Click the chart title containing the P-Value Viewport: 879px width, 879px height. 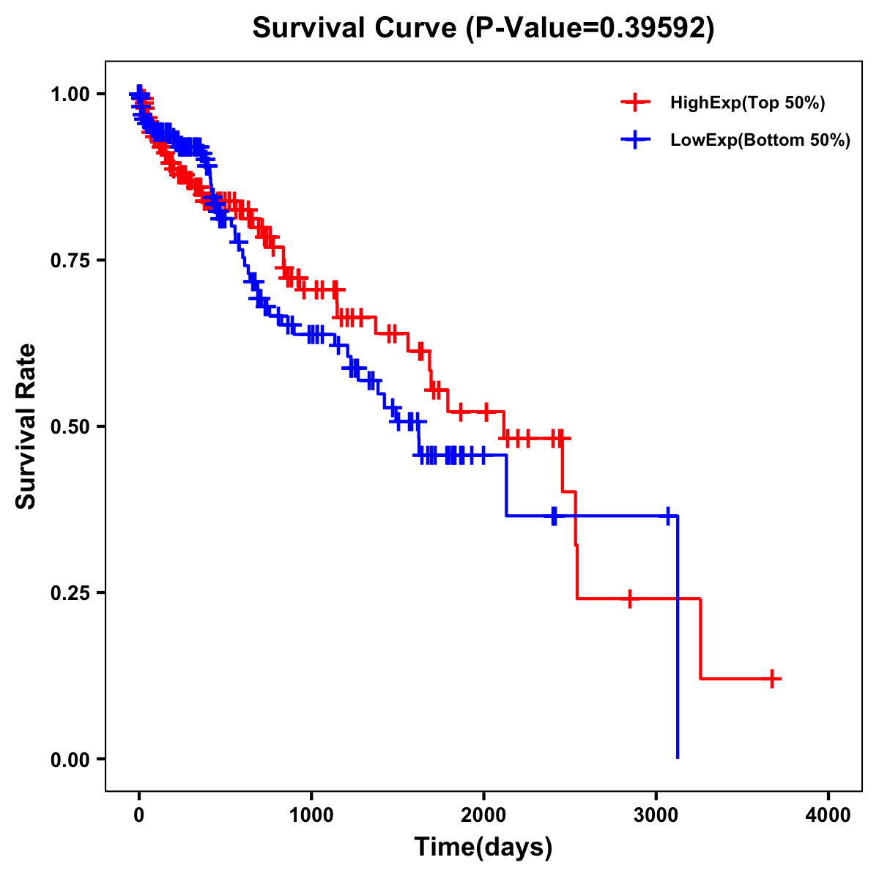tap(483, 28)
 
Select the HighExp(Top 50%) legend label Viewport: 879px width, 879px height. tap(747, 103)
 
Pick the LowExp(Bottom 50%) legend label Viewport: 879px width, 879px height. tap(760, 140)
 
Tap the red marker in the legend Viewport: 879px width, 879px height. tap(635, 103)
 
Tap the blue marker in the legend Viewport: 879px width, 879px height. tap(635, 139)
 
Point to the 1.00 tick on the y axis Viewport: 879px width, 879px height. tap(69, 94)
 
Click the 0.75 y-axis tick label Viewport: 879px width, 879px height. tap(69, 260)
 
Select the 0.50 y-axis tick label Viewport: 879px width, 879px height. tap(69, 426)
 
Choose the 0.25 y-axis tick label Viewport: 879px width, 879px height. tap(69, 593)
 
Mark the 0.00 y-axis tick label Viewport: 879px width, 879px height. tap(69, 759)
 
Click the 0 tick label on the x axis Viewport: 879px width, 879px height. tap(139, 815)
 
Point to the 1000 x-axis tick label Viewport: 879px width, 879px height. tap(311, 815)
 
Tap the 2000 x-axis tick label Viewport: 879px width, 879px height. tap(483, 815)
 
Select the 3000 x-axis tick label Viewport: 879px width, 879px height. tap(656, 815)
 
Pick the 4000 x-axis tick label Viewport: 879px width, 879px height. tap(828, 815)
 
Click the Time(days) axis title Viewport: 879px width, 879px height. tap(483, 848)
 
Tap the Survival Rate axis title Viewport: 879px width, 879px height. tap(26, 426)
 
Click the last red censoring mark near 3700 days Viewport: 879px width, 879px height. tap(772, 678)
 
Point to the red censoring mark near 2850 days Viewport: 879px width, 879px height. tap(629, 598)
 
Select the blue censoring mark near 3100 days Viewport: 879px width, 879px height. tap(667, 516)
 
